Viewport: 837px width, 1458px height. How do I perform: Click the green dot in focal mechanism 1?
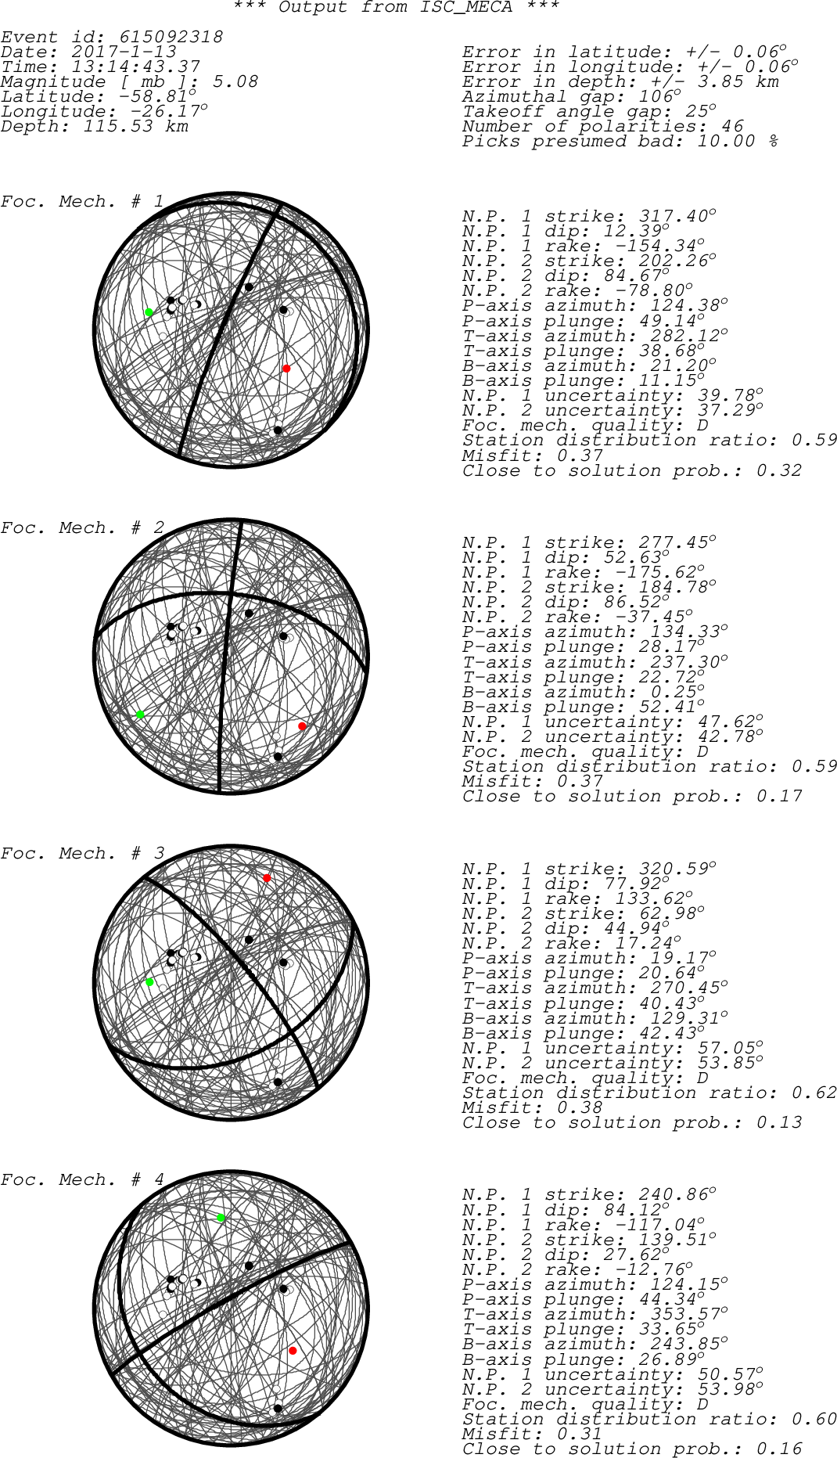pos(149,312)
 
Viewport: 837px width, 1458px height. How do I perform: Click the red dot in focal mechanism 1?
pos(286,369)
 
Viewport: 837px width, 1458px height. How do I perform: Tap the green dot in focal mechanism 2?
pos(141,715)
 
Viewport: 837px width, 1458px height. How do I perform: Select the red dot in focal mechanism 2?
pos(303,727)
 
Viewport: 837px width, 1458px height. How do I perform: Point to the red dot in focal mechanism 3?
pos(267,878)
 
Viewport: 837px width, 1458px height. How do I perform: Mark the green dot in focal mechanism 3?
pos(149,982)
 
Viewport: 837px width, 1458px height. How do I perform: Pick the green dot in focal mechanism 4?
pos(221,1219)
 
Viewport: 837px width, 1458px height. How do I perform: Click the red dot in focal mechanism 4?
pos(293,1351)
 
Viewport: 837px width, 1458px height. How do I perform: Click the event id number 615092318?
pos(171,37)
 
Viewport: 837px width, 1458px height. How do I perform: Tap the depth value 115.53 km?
pos(135,126)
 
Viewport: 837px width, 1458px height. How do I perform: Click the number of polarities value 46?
pos(732,126)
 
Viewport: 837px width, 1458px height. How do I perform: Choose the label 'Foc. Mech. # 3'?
pos(82,853)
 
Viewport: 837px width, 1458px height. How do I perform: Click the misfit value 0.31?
pos(580,1434)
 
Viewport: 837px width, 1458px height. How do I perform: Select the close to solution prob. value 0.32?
pos(779,470)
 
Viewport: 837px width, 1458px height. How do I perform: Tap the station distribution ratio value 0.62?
pos(814,1093)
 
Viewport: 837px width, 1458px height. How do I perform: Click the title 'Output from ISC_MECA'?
pos(396,7)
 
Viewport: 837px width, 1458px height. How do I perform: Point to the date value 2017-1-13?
pos(124,52)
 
